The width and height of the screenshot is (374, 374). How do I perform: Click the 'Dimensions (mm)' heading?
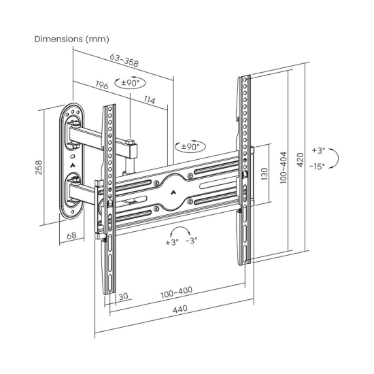coord(72,39)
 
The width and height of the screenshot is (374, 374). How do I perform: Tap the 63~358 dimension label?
coord(124,60)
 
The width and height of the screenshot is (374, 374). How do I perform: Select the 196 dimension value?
coord(102,85)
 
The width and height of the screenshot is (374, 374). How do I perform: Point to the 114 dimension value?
coord(150,100)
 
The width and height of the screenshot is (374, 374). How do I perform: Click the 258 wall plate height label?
coord(39,167)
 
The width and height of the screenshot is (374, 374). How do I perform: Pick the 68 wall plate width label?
coord(71,236)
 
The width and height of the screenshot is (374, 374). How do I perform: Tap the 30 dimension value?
coord(124,296)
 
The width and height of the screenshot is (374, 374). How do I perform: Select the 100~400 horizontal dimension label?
coord(177,292)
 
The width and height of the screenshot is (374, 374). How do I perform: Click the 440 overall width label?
coord(180,309)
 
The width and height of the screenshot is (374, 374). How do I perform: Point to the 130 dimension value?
coord(265,174)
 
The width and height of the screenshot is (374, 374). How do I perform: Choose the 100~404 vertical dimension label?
coord(284,168)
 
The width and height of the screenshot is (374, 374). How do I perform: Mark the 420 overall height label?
coord(301,160)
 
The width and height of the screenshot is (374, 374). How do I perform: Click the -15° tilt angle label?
coord(318,166)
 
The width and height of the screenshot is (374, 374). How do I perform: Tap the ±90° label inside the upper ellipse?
coord(130,83)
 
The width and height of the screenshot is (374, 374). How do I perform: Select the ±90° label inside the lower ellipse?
coord(190,146)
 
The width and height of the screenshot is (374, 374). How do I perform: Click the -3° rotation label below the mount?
coord(192,241)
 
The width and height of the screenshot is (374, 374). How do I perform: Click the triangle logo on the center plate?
coord(173,192)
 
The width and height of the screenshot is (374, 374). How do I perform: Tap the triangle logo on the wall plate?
coord(72,165)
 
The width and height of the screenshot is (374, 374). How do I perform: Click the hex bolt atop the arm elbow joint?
coord(131,142)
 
